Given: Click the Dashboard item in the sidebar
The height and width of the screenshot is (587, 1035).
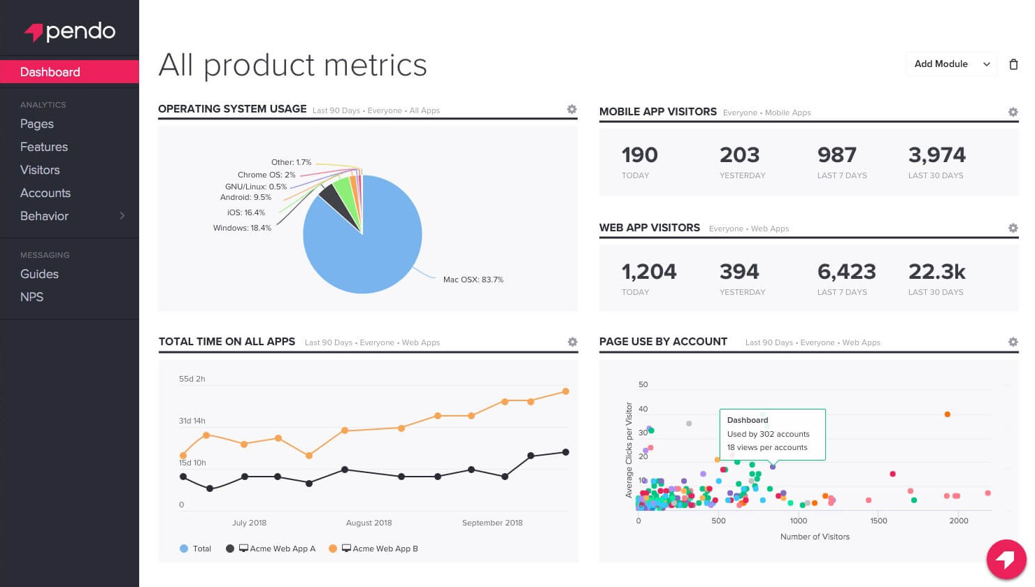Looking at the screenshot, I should (x=50, y=72).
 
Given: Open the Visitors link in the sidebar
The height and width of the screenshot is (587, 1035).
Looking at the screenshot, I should (x=40, y=170).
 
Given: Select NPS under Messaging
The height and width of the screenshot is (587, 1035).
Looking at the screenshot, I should (x=31, y=297).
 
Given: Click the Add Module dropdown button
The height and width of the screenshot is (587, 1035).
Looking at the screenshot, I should (x=951, y=64).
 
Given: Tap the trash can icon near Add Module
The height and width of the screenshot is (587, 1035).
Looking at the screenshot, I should (x=1013, y=64).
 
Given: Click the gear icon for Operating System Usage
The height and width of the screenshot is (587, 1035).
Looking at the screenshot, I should (x=571, y=109).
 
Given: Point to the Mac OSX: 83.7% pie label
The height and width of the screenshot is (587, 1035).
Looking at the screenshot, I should (x=473, y=280).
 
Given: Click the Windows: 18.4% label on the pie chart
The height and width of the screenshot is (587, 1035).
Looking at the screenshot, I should (x=242, y=228).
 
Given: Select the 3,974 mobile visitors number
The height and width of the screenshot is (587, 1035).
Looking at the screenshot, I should (x=936, y=154).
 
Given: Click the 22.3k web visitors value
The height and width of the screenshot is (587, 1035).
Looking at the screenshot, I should (x=936, y=271).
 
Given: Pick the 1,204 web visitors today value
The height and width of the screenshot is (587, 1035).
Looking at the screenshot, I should (x=648, y=271).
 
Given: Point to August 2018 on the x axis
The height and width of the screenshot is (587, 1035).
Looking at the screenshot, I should (x=369, y=523).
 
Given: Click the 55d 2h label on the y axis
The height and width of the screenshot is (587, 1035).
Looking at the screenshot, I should (x=192, y=379).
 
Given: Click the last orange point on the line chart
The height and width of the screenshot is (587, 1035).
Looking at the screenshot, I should (x=566, y=391).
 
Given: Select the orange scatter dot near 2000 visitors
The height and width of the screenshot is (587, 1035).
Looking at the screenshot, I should (x=947, y=414).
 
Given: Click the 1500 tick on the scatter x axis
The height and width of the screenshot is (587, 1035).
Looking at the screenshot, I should (x=878, y=521).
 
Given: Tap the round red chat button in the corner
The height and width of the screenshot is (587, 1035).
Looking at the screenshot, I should (x=1006, y=560).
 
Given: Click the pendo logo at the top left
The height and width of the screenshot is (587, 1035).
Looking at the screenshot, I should (x=70, y=31).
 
